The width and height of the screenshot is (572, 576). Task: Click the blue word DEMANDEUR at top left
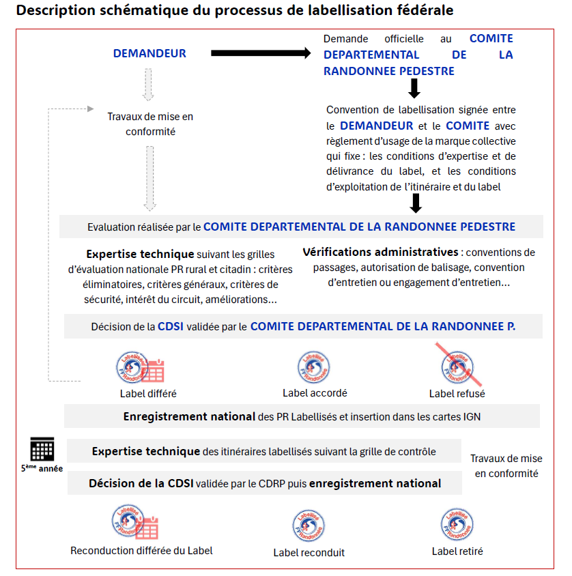click(x=149, y=53)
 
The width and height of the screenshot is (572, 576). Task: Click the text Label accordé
click(x=315, y=393)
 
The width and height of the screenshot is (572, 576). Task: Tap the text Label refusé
click(x=457, y=394)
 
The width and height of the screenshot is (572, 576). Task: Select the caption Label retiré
click(x=457, y=551)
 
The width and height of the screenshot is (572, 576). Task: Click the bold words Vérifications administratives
click(x=380, y=252)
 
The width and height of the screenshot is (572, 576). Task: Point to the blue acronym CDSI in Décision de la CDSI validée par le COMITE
click(x=170, y=327)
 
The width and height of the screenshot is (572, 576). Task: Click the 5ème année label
click(x=42, y=469)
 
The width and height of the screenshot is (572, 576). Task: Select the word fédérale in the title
click(x=422, y=12)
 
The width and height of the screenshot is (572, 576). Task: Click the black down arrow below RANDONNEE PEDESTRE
click(x=414, y=88)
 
